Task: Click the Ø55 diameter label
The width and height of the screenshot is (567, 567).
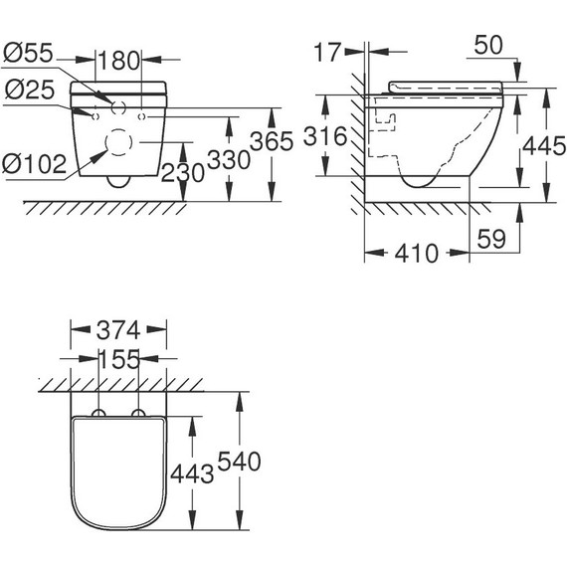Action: click(28, 53)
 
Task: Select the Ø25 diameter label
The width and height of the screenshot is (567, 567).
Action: click(29, 90)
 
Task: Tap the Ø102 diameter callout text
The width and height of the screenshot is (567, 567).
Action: click(35, 164)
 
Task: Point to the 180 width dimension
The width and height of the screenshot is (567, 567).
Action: click(118, 61)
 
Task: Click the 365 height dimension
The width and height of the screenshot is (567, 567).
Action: click(272, 141)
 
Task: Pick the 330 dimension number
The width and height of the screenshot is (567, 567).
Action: click(229, 160)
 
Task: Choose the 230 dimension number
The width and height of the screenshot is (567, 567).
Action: click(183, 173)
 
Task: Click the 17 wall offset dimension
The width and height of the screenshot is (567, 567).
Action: click(327, 52)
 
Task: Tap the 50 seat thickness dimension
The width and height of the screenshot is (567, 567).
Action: click(488, 45)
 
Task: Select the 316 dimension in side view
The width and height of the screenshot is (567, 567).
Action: click(325, 136)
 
